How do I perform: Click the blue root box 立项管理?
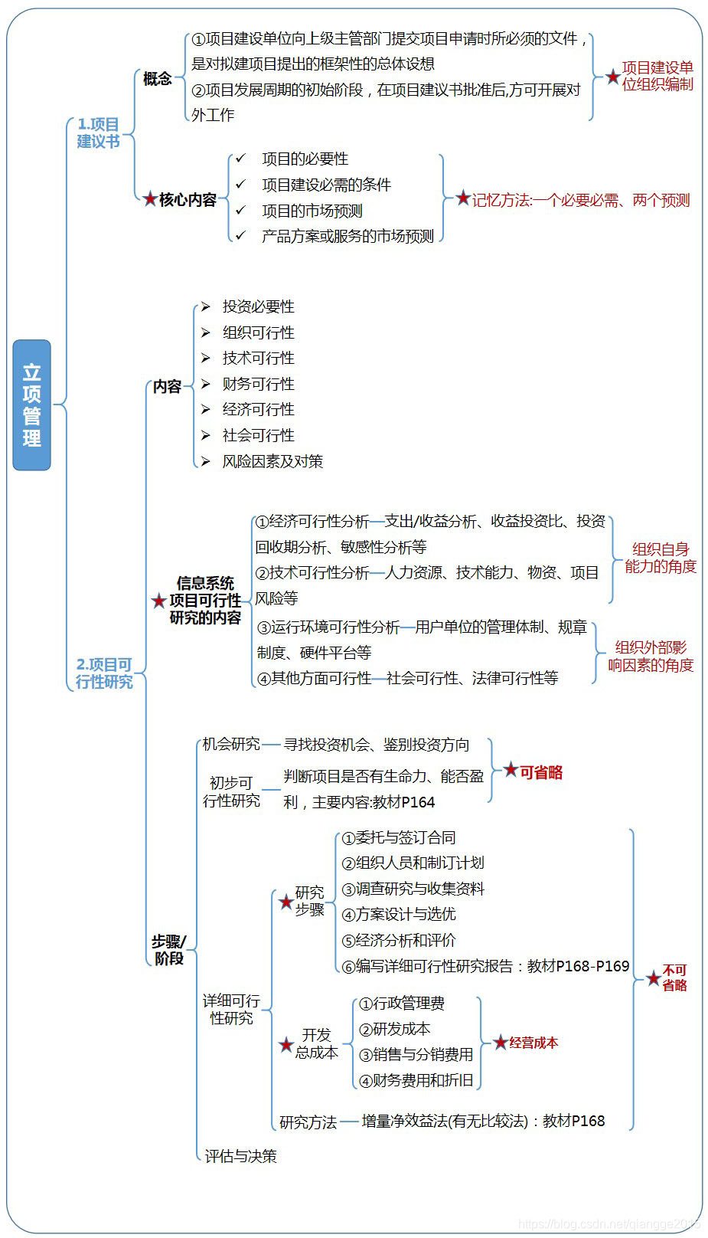point(31,404)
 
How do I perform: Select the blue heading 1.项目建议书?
point(98,133)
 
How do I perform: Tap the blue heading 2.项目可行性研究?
point(104,673)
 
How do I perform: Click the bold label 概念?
point(158,78)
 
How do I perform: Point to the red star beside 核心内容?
point(150,199)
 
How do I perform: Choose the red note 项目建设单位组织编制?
point(657,76)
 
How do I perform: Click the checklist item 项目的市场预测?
point(312,211)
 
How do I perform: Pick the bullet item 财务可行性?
point(258,384)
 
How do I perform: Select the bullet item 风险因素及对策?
point(272,461)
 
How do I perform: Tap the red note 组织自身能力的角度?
point(660,558)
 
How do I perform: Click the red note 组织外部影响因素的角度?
point(651,656)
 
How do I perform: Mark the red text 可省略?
point(541,772)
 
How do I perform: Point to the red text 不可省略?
point(674,978)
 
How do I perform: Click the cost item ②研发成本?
point(394,1029)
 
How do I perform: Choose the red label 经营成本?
point(533,1043)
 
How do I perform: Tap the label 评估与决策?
point(240,1156)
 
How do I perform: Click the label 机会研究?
point(230,744)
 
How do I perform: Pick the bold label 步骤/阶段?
point(169,949)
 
